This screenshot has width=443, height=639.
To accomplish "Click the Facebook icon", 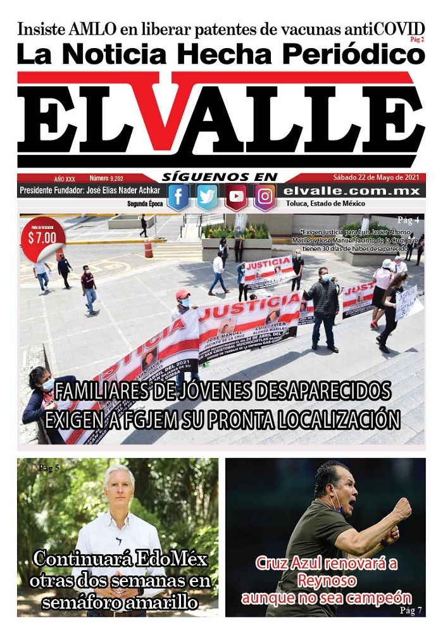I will pos(178,197).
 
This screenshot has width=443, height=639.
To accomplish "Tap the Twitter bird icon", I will pos(207,197).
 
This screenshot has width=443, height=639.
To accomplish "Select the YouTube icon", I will pos(236,197).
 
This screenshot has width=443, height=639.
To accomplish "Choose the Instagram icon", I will pos(265,197).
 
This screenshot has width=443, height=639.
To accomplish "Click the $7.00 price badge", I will pos(42,239).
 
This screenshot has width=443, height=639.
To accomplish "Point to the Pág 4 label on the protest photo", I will pos(408,220).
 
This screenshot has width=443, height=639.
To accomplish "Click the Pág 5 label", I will pos(49,468).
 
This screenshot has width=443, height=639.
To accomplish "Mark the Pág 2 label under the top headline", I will pos(417,40).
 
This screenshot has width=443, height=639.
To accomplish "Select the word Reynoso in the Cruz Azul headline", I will pos(325,580).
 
